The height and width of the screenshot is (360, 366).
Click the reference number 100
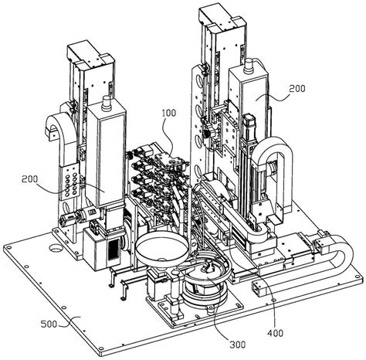tap(169, 113)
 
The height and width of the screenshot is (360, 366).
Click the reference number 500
tap(49, 324)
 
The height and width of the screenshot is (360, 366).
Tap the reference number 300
tap(237, 345)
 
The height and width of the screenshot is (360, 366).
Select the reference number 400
tap(275, 333)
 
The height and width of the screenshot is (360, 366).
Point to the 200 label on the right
tap(297, 89)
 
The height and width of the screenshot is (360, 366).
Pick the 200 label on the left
tap(29, 179)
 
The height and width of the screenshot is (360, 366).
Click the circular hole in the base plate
tap(56, 248)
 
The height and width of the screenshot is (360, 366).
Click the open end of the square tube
tap(256, 287)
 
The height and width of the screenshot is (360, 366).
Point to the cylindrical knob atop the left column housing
tap(106, 103)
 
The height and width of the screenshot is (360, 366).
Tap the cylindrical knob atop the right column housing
tap(249, 65)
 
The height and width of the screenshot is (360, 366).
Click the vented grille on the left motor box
tap(114, 250)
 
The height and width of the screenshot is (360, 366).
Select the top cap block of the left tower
tap(90, 55)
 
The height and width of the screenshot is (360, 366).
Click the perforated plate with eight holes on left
tap(69, 182)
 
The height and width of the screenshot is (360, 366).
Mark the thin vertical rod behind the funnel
tap(190, 214)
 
